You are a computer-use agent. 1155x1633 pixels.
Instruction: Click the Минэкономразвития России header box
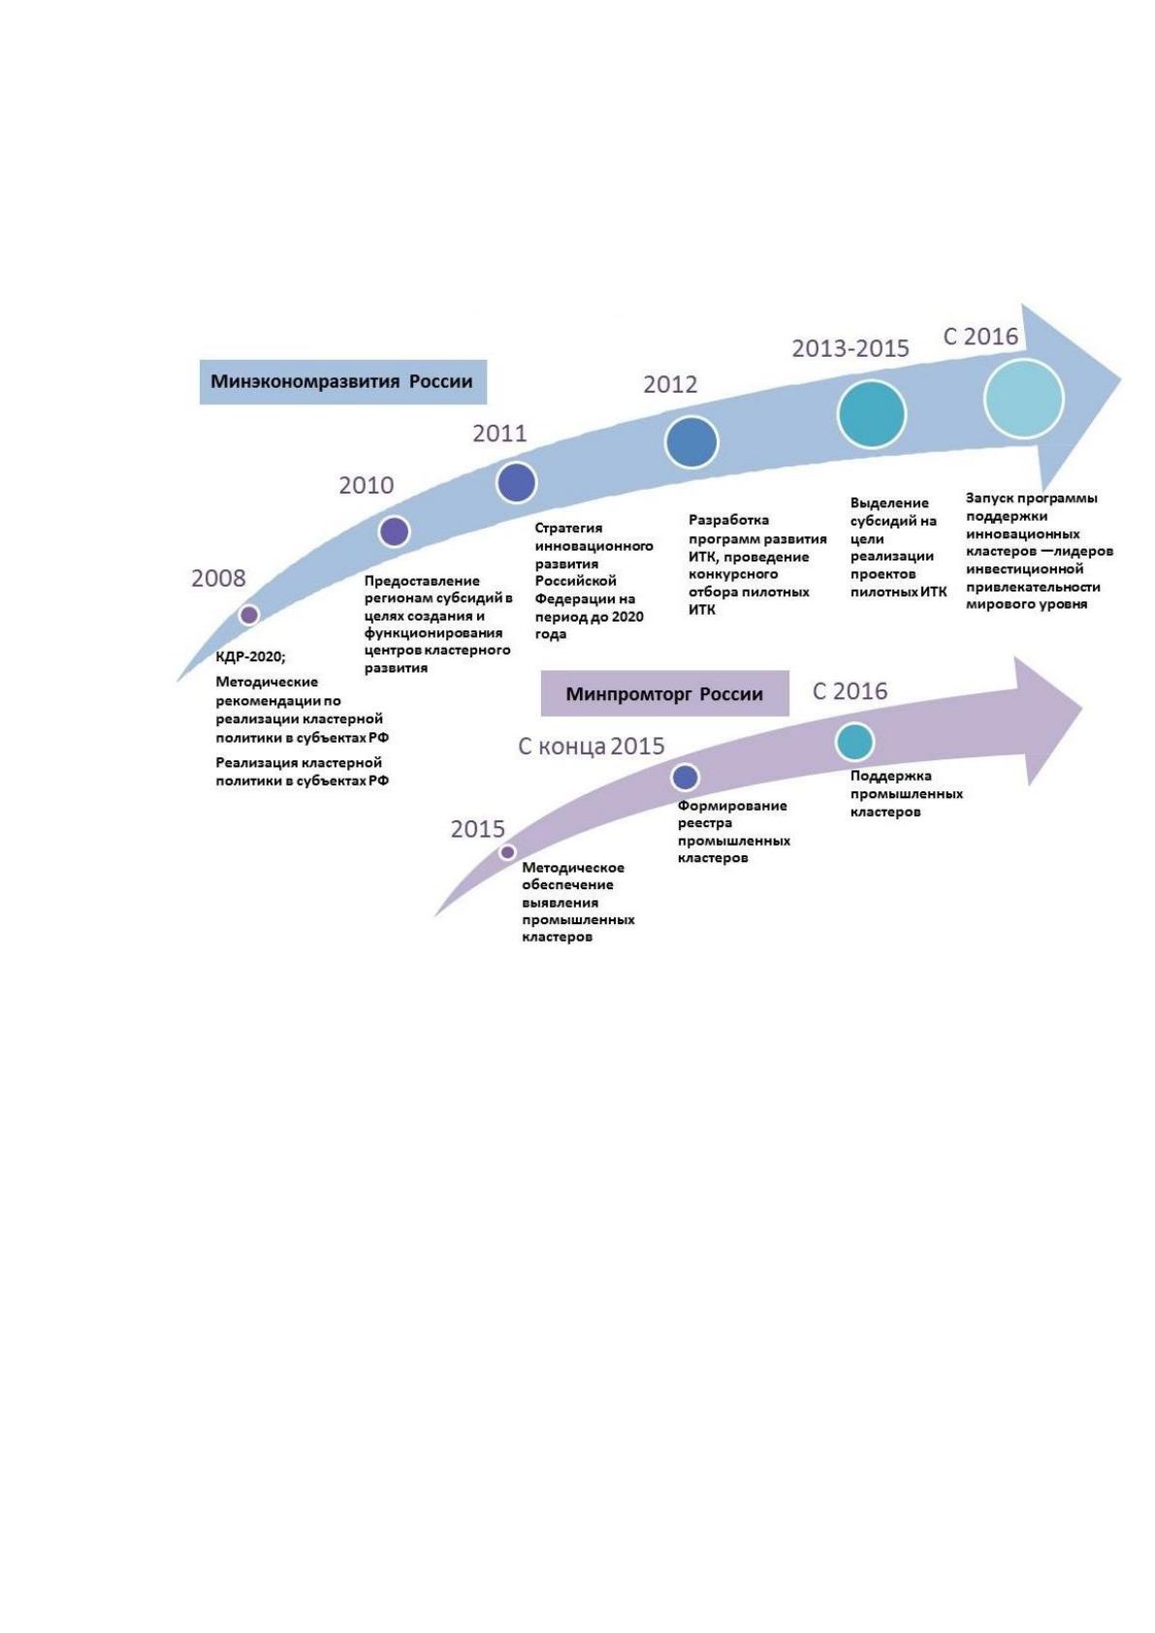coord(342,381)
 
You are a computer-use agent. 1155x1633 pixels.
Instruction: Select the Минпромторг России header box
coord(664,693)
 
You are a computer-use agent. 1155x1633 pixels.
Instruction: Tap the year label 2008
coord(218,578)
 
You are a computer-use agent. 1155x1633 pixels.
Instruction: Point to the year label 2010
coord(366,485)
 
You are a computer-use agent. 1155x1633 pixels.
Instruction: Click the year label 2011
coord(499,433)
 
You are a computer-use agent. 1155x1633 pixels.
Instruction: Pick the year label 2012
coord(670,384)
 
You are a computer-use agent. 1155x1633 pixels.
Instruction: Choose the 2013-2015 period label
coord(850,348)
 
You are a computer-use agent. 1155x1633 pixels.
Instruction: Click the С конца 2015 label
coord(591,746)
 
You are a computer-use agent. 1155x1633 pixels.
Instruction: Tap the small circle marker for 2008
coord(249,615)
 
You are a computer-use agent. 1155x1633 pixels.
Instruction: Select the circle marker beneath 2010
coord(395,531)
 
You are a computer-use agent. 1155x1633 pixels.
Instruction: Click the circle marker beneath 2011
coord(516,482)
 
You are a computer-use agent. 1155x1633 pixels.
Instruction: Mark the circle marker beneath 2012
coord(691,442)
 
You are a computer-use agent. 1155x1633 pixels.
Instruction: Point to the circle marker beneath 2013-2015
coord(872,414)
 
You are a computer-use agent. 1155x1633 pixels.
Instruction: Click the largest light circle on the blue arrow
coord(1024,398)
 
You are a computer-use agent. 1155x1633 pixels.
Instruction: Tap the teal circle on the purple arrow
coord(854,742)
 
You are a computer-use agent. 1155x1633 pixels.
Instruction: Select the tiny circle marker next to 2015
coord(507,851)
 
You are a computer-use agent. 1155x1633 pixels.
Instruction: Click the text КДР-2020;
coord(251,656)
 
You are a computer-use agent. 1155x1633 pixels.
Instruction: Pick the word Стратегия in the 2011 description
coord(568,528)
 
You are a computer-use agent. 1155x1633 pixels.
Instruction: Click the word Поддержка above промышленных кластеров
coord(891,776)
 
